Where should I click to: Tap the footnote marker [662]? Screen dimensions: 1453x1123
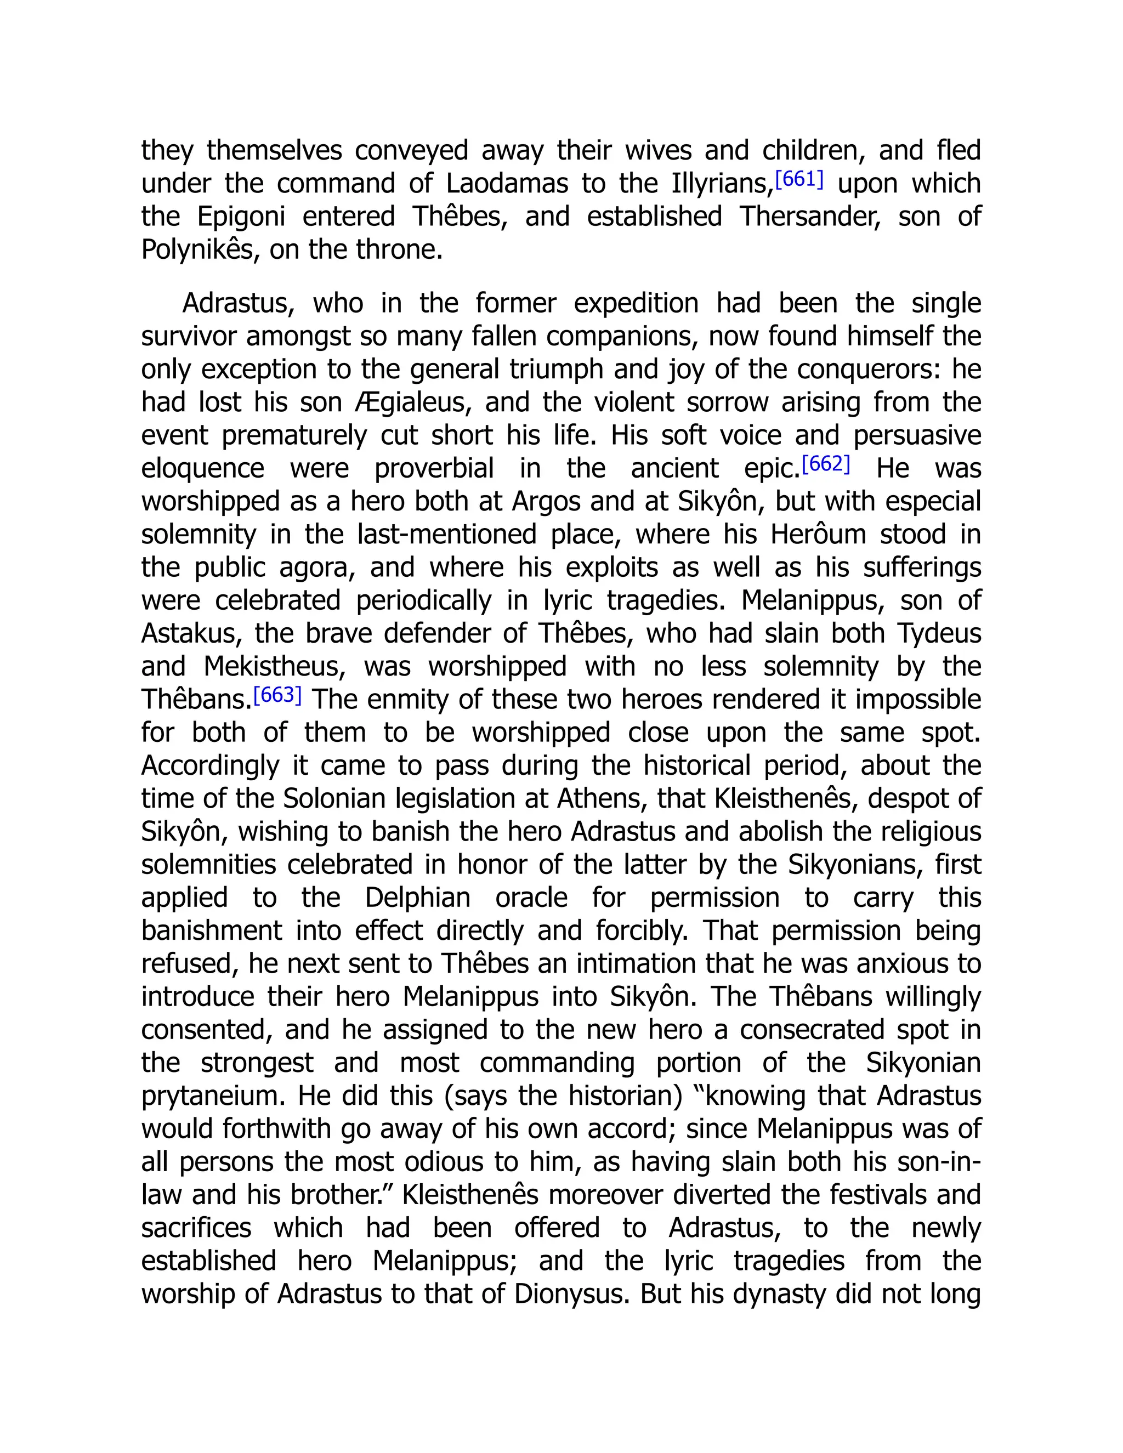826,464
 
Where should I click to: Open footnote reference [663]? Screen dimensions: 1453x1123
277,695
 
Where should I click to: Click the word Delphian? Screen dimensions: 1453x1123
417,898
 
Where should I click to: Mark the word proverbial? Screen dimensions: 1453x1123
434,469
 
